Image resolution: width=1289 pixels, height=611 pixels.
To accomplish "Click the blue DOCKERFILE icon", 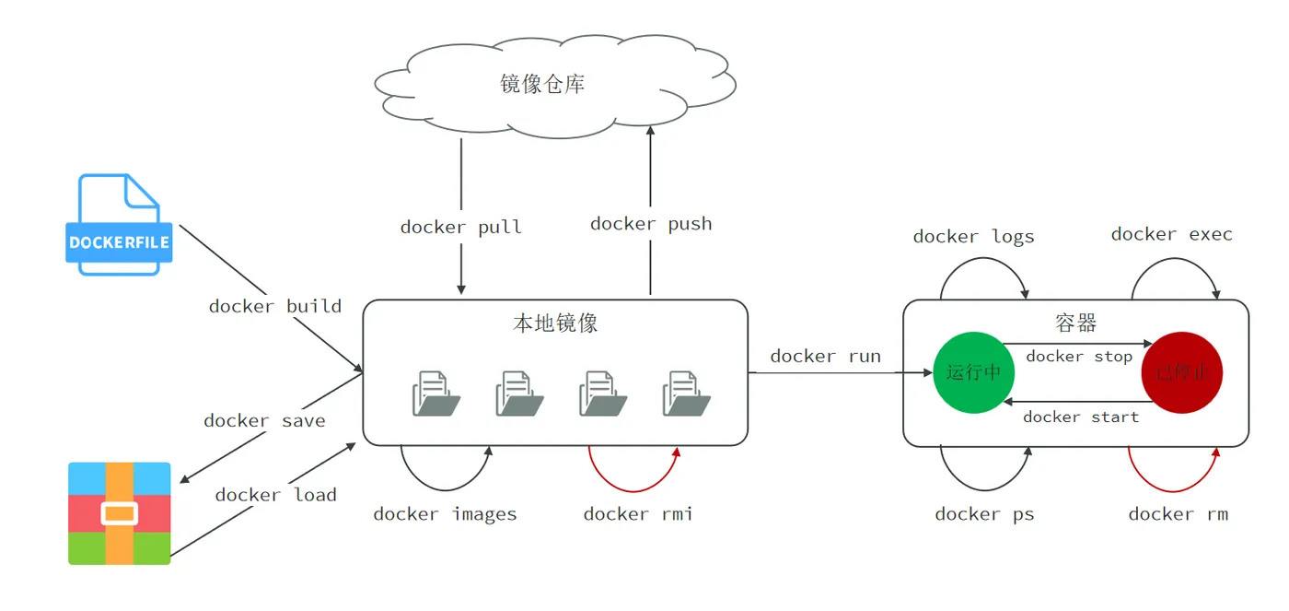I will [x=119, y=226].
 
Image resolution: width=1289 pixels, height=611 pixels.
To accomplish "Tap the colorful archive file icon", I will [x=120, y=513].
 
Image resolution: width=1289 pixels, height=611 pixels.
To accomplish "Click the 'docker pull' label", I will [x=460, y=227].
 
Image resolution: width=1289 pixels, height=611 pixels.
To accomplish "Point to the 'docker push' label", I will [x=651, y=223].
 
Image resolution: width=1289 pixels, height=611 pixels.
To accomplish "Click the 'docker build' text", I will [x=274, y=306].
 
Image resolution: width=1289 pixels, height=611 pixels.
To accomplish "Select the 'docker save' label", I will [x=264, y=420].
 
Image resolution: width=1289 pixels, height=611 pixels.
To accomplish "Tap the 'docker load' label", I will [x=275, y=495].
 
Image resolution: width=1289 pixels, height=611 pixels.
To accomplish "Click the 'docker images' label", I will [x=445, y=514].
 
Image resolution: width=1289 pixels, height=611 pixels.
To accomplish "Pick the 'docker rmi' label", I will [x=637, y=514].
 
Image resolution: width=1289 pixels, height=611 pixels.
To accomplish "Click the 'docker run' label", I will [x=825, y=356].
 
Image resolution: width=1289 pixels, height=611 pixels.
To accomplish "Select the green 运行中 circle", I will [x=973, y=372].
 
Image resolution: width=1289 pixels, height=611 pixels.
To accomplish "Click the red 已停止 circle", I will [x=1181, y=372].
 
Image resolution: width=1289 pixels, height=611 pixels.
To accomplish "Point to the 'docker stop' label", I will [x=1078, y=357].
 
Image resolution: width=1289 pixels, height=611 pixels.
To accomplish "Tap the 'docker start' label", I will [x=1080, y=417].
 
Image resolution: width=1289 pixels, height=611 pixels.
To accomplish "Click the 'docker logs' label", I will [x=973, y=237].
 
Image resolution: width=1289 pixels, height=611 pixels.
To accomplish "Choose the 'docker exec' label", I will [x=1171, y=234].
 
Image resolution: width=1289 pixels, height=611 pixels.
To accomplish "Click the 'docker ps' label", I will [x=984, y=514].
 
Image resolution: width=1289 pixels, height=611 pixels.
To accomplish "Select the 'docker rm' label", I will [x=1178, y=514].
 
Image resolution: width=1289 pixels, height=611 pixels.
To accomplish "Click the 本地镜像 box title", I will [x=555, y=323].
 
